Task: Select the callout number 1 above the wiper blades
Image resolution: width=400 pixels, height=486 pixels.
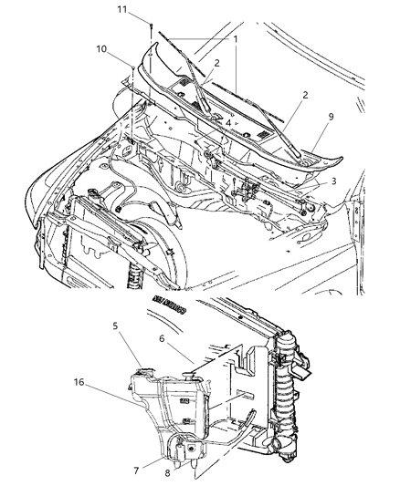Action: click(x=235, y=40)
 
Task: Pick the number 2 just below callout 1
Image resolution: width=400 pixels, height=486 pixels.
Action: click(x=216, y=63)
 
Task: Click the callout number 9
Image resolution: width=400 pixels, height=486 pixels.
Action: click(x=345, y=117)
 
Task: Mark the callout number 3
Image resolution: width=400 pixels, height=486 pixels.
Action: click(x=335, y=181)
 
